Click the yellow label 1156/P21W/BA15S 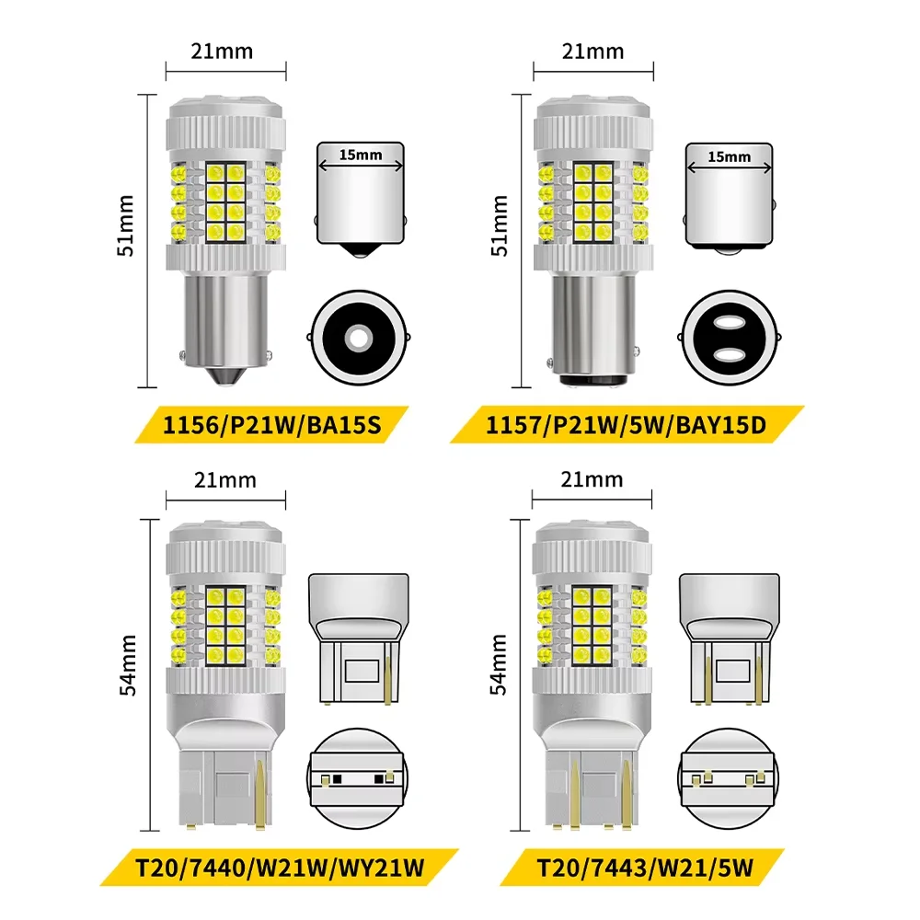[271, 424]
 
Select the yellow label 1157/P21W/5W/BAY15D [627, 424]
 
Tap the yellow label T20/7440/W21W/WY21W [280, 868]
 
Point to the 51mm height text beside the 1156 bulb [125, 226]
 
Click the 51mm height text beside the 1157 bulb [500, 226]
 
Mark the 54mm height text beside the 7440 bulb [127, 665]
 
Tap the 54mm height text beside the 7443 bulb [498, 665]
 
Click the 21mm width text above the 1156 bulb [222, 52]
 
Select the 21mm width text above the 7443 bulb [592, 480]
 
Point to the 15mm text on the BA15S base [361, 155]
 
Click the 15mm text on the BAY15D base [730, 156]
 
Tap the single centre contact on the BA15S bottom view [359, 338]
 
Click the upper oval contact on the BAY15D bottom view [729, 322]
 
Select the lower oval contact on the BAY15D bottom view [729, 354]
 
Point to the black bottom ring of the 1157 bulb [592, 380]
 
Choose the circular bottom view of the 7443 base [728, 779]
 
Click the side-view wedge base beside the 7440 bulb [359, 639]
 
